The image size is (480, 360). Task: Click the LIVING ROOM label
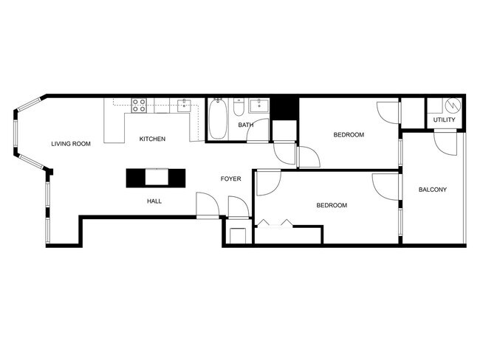point(71,144)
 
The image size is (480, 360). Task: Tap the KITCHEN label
point(152,139)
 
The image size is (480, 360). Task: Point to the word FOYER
point(231,179)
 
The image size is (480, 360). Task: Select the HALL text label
point(154,201)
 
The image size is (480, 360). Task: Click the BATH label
point(245,125)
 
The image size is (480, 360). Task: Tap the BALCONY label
point(433,190)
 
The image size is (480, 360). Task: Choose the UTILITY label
point(444,120)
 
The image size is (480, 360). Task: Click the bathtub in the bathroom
point(218,119)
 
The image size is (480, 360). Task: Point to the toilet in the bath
point(239,107)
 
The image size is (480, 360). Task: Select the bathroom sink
point(259,105)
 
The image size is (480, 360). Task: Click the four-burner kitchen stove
point(139,105)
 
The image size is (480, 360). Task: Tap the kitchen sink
point(184,105)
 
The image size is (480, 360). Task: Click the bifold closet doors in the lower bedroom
point(275,224)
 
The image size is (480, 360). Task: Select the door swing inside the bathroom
point(258,131)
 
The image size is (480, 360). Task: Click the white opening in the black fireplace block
point(157,177)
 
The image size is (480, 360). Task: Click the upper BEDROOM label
point(349,134)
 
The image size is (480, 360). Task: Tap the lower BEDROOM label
point(332,205)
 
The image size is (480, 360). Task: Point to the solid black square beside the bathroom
point(285,109)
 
